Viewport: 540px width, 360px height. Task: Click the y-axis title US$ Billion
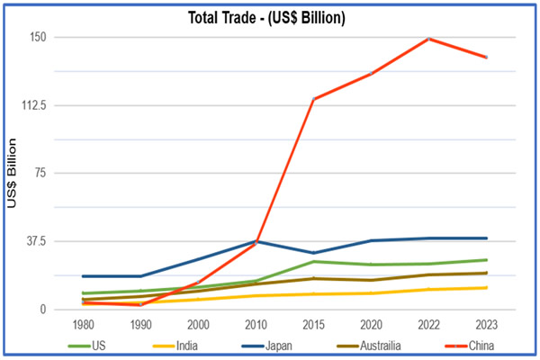(x=12, y=174)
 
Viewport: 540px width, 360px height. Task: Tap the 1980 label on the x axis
(x=82, y=324)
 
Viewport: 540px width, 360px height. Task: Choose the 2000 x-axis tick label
(x=198, y=324)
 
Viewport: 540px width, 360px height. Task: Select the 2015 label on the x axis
(x=313, y=324)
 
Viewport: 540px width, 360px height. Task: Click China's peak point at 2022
(x=428, y=39)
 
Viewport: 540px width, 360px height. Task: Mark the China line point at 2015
(x=313, y=99)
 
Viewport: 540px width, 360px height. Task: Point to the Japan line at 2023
(x=486, y=238)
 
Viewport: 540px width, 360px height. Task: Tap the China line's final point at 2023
(x=486, y=58)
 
